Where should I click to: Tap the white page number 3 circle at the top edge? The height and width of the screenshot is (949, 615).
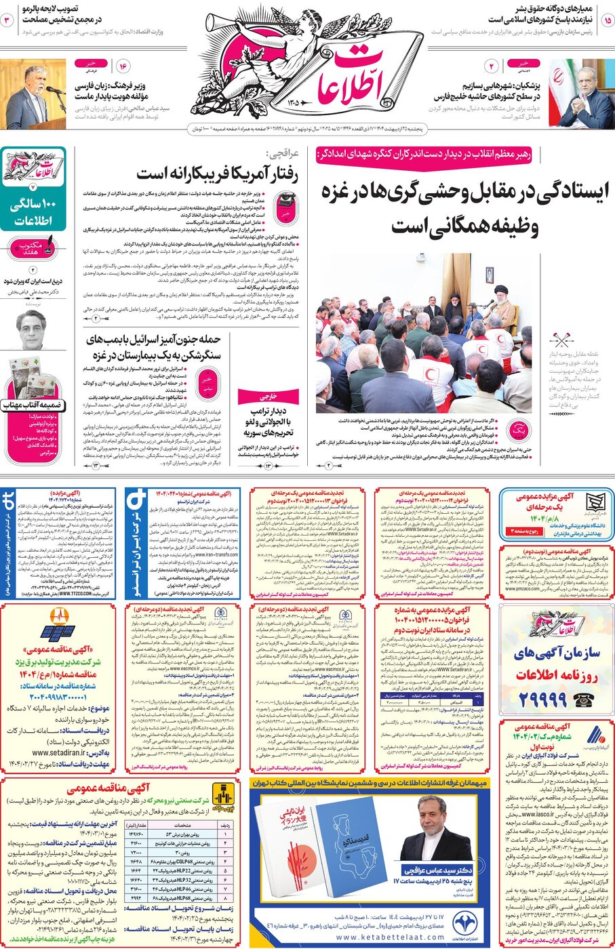click(x=8, y=20)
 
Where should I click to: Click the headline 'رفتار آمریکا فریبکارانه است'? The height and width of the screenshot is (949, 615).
click(x=217, y=174)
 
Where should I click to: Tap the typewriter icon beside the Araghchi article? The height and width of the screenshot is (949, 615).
click(x=285, y=203)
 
